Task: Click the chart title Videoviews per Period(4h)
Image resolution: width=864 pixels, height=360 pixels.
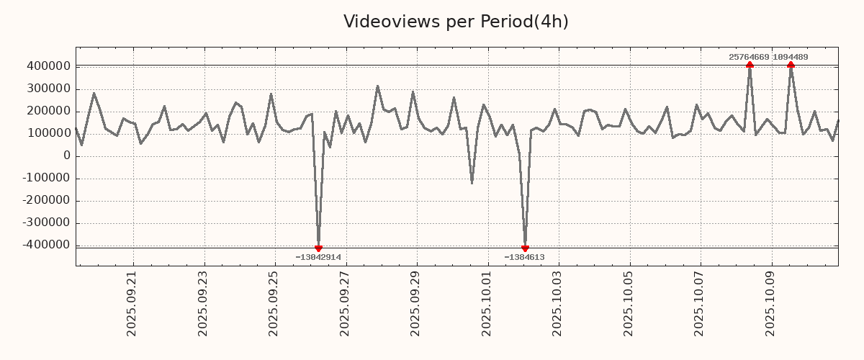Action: click(x=456, y=22)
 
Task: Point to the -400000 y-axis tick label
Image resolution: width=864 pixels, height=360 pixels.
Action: click(x=45, y=246)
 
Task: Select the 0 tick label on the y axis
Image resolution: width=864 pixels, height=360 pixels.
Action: click(x=67, y=156)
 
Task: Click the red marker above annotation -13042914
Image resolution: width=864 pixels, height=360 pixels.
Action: click(x=318, y=248)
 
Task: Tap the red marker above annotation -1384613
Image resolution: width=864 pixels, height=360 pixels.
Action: click(x=525, y=248)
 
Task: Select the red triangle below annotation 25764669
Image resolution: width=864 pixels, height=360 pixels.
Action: click(x=750, y=65)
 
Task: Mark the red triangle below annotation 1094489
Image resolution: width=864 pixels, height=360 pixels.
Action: click(x=791, y=65)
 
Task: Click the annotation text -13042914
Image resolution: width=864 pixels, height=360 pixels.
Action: click(x=318, y=258)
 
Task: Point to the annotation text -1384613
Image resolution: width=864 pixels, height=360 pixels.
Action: click(x=524, y=258)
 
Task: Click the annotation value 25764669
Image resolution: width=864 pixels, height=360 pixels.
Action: click(x=749, y=57)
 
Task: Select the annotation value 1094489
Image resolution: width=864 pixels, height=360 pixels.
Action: click(x=791, y=57)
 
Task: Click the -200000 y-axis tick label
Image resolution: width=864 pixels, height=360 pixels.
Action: click(x=45, y=201)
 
